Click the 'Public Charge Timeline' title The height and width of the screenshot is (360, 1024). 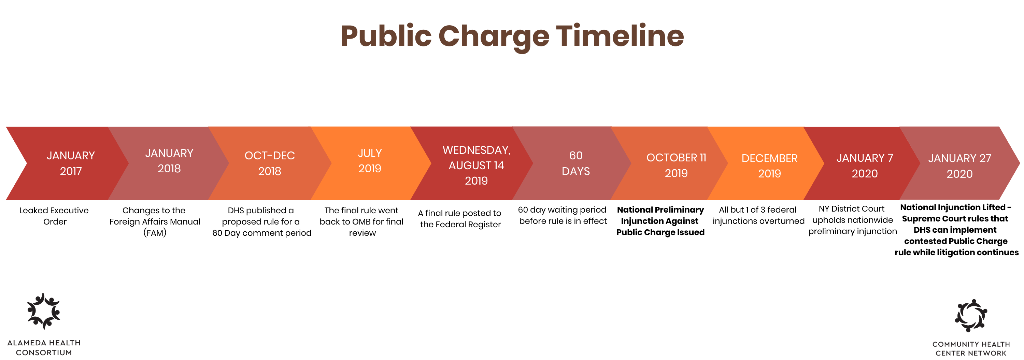[512, 37]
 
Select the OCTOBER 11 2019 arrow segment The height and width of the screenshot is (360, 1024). [672, 163]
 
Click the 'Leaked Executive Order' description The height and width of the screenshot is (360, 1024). [54, 216]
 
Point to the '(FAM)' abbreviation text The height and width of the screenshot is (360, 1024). [155, 232]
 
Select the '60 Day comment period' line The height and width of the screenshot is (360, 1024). [261, 233]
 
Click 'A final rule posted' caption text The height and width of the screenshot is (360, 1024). [459, 213]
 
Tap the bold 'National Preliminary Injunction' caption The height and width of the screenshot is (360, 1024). [660, 215]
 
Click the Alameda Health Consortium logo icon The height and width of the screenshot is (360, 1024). [44, 311]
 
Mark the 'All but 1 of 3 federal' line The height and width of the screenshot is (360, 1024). [758, 210]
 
